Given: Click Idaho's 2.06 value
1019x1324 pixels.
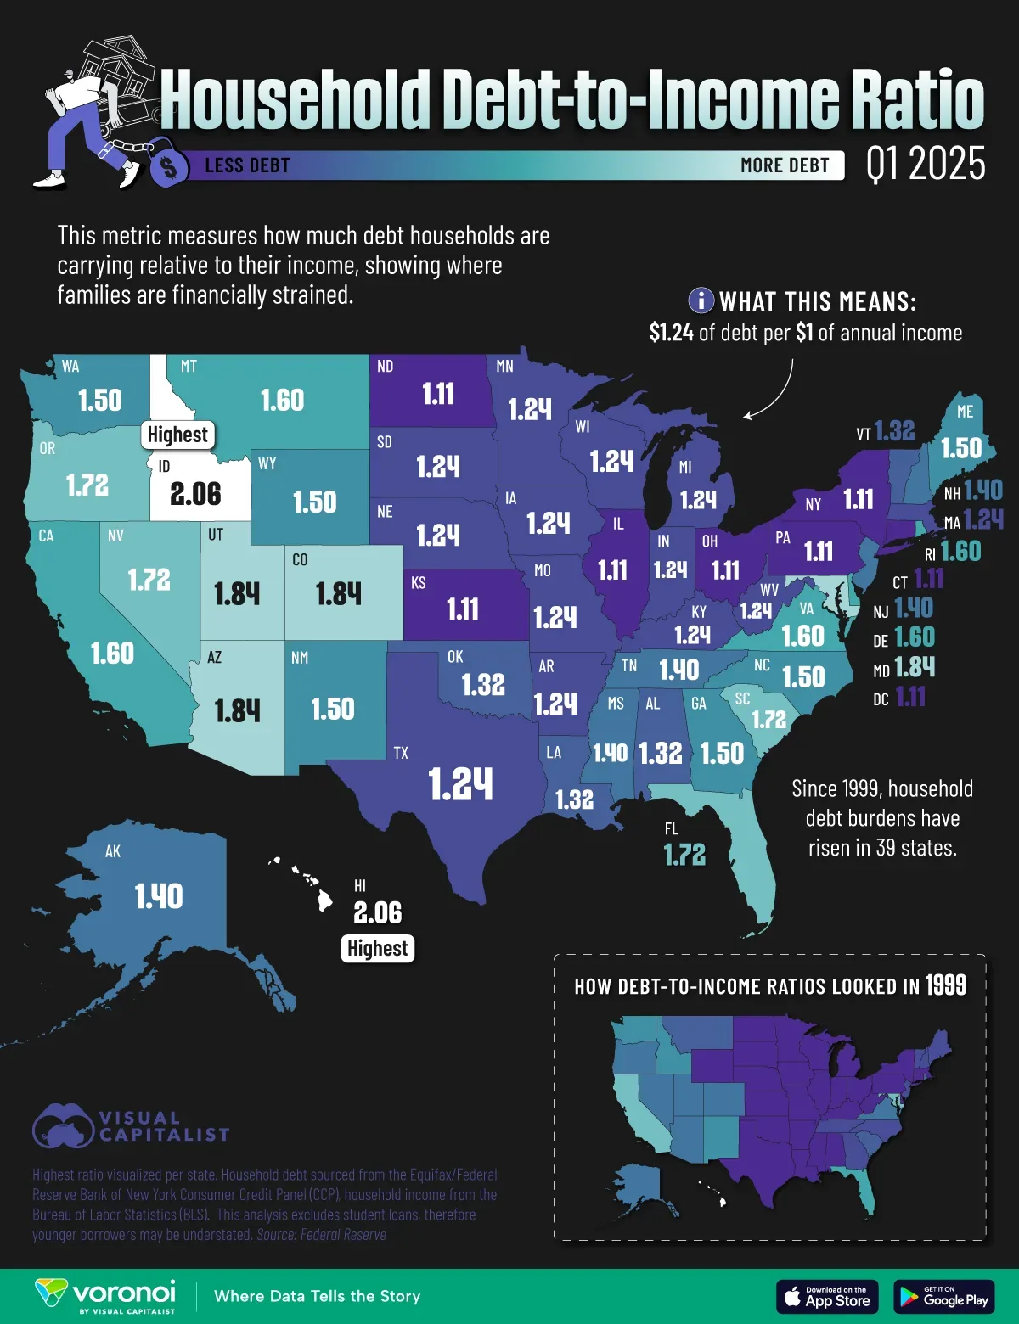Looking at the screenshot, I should click(195, 494).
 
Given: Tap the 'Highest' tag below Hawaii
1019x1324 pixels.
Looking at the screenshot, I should click(377, 948).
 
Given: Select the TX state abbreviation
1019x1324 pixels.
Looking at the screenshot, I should click(401, 753).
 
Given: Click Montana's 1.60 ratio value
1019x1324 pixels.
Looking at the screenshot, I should click(282, 401).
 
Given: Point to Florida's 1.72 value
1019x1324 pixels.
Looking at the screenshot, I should click(684, 855).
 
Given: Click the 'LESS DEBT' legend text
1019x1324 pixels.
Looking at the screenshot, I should click(247, 165).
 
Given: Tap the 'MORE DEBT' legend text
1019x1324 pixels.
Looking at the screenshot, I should click(785, 165).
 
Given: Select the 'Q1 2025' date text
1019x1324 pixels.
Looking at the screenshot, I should click(926, 164).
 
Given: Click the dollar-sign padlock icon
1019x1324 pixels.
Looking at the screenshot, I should click(169, 165).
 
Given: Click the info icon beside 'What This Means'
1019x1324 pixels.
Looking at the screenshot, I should click(701, 300).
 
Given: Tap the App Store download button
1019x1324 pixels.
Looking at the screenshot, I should click(827, 1296).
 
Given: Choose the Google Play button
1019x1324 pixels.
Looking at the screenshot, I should click(943, 1296).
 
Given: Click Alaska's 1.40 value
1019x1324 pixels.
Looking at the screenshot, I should click(159, 896).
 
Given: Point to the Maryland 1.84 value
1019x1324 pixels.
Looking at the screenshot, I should click(915, 667).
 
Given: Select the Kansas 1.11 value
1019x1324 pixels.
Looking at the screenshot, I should click(463, 609).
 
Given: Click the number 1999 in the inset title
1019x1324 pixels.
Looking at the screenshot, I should click(946, 985).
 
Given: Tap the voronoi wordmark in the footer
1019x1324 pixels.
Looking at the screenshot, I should click(124, 1293).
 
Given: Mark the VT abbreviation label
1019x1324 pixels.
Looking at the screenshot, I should click(864, 435).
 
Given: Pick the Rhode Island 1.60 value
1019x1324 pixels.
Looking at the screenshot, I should click(960, 552).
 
